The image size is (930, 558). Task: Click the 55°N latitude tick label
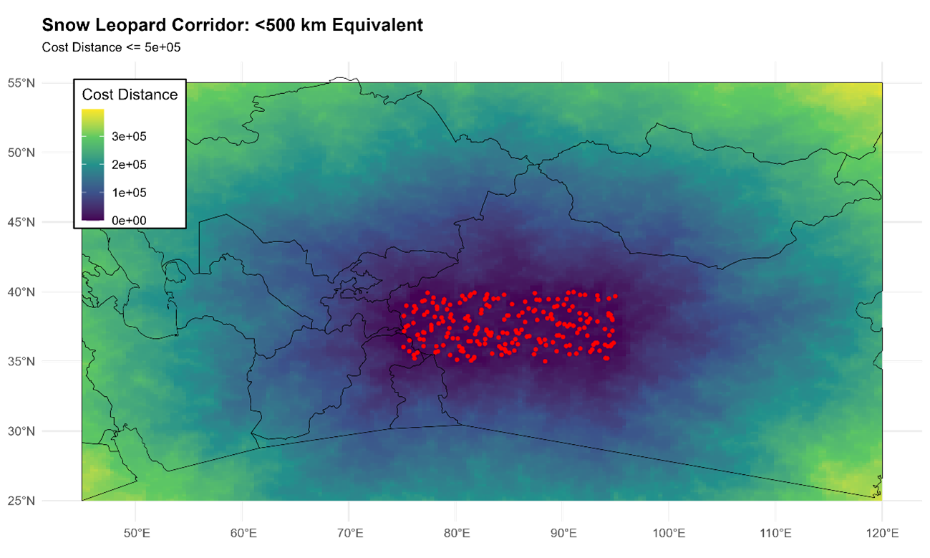click(x=21, y=83)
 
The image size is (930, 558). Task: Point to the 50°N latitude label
click(x=21, y=153)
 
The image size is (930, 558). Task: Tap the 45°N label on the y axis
click(x=21, y=222)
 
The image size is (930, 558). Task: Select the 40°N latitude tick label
click(x=21, y=292)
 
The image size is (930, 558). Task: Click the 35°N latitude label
click(x=21, y=361)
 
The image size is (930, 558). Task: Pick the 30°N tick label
click(x=21, y=430)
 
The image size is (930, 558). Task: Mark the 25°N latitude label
click(x=21, y=500)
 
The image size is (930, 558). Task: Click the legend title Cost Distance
click(x=130, y=95)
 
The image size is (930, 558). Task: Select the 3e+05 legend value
click(x=129, y=136)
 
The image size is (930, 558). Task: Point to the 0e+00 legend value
click(x=129, y=221)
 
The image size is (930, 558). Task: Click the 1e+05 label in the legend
click(x=129, y=193)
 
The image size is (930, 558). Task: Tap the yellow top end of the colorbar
click(x=92, y=113)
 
